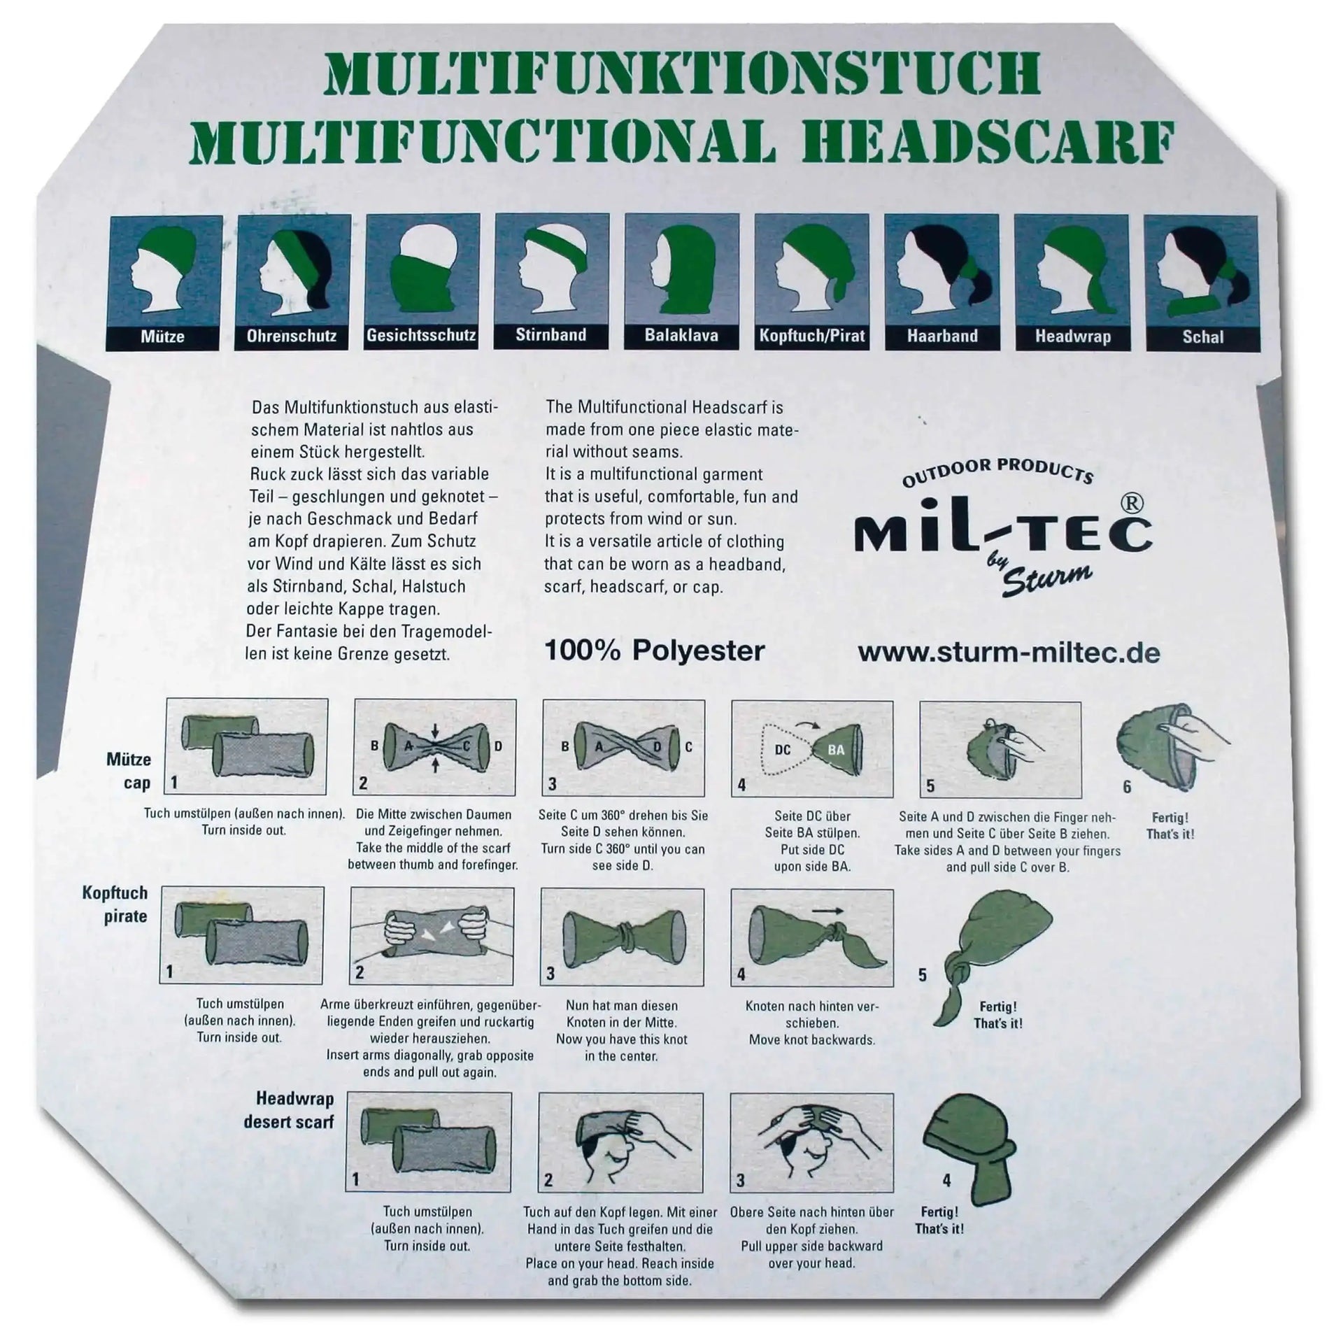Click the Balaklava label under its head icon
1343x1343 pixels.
pos(681,336)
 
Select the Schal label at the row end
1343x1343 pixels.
pos(1202,336)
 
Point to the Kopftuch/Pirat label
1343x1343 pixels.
pos(811,336)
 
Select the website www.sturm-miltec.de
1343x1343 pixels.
pos(1009,653)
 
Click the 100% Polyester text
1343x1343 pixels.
pos(654,651)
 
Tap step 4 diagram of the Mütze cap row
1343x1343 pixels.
pos(811,749)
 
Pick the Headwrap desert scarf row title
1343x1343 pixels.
pos(288,1110)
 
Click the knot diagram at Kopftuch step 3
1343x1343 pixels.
pos(623,936)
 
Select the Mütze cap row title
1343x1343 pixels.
pos(129,771)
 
